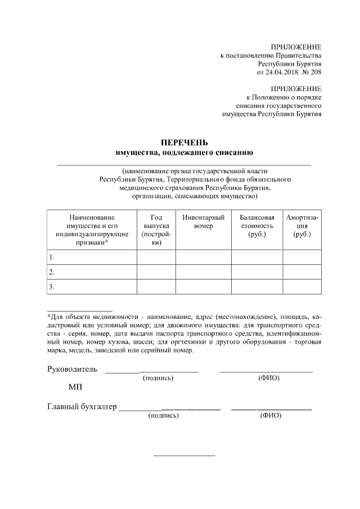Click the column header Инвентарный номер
pos(203,221)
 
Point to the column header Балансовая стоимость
pos(256,226)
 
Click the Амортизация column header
pos(302,226)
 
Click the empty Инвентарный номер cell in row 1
pos(203,258)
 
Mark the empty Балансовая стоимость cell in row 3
pos(256,287)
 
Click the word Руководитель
pos(71,370)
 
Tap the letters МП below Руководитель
pos(75,388)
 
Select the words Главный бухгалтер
pos(81,407)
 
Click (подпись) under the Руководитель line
pos(158,379)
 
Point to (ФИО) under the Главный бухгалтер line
pos(271,417)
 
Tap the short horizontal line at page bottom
pos(184,455)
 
